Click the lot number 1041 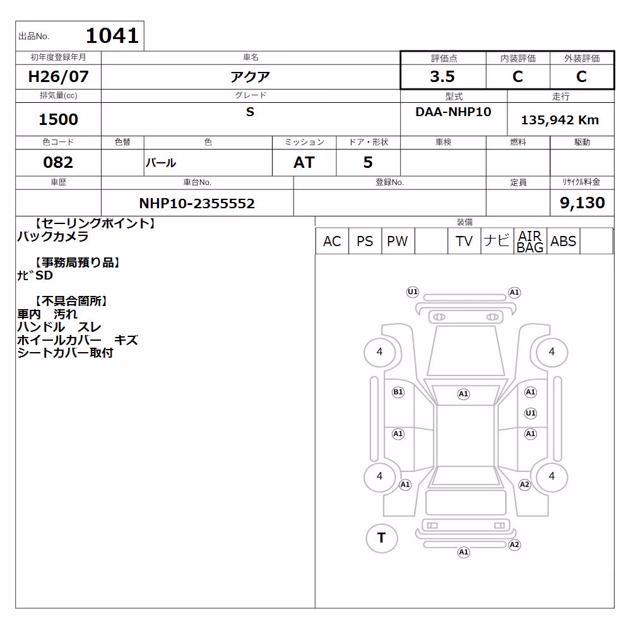[x=112, y=36]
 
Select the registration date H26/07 [x=58, y=76]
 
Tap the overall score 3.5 [x=442, y=76]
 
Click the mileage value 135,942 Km [x=560, y=120]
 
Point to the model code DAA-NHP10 [x=453, y=112]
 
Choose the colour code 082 [x=58, y=162]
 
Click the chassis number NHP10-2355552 [x=197, y=203]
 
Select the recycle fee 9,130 [x=582, y=203]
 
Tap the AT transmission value [x=304, y=162]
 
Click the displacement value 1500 [x=58, y=119]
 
